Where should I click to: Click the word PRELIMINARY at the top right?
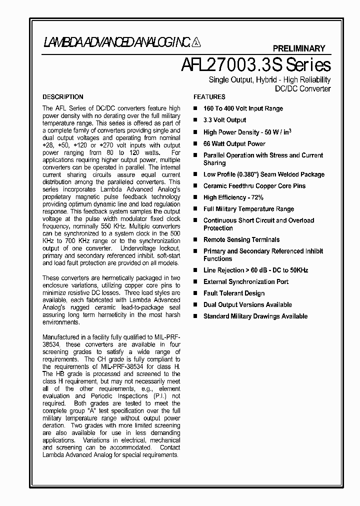[298, 48]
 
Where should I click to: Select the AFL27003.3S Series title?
[254, 65]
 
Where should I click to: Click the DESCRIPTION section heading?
[63, 97]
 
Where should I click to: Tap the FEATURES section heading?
[209, 97]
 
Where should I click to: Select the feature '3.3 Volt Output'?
[224, 120]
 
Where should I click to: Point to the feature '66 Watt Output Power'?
[234, 143]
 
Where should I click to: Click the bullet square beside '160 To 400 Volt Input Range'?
[195, 108]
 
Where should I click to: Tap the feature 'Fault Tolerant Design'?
[233, 293]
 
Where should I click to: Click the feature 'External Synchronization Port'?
[246, 282]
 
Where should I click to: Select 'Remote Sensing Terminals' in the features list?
[241, 240]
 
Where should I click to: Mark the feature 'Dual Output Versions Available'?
[247, 305]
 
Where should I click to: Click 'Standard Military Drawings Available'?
[255, 316]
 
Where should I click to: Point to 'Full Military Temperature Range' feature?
[248, 209]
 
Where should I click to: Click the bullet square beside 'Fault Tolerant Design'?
[195, 293]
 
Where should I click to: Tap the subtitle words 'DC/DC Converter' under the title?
[303, 89]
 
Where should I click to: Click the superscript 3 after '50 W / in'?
[290, 130]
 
